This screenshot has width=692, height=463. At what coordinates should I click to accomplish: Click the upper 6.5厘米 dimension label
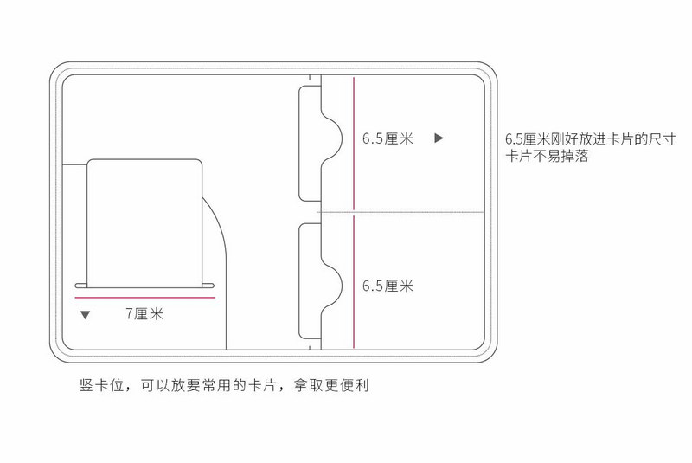coord(388,138)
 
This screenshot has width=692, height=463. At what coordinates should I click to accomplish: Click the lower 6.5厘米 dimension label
coord(388,286)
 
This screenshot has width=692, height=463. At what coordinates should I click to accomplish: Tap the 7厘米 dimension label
coord(144,314)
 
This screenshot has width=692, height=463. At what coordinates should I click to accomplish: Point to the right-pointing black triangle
coord(439,138)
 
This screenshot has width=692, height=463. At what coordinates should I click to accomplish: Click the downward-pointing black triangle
coord(85,315)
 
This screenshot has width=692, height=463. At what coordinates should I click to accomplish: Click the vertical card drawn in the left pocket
coord(145,221)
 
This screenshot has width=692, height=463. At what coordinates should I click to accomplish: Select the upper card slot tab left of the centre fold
coord(310,143)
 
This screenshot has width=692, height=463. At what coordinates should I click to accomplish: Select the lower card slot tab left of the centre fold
coord(310,281)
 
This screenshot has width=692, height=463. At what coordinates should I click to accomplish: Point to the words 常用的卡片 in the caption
coord(236,385)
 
